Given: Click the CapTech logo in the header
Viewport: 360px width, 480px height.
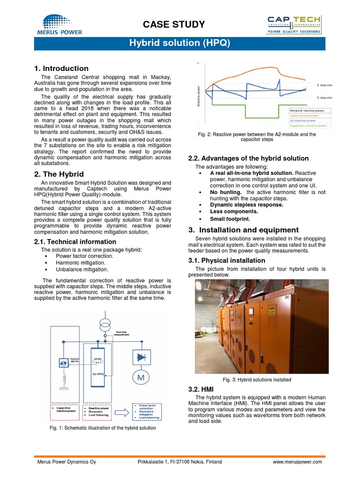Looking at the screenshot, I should click(294, 24).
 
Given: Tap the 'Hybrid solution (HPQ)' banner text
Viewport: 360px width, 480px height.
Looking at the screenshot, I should click(180, 44).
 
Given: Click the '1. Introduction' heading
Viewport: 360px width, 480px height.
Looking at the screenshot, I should click(61, 68).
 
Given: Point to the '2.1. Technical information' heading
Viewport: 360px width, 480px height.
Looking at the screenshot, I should click(75, 242).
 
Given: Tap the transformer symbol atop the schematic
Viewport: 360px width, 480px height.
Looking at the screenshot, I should click(105, 324).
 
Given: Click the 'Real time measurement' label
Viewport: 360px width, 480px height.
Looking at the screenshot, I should click(121, 333).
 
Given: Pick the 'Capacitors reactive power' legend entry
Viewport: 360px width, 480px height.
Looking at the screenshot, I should click(309, 126).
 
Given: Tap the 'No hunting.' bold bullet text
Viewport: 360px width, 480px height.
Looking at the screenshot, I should click(226, 192).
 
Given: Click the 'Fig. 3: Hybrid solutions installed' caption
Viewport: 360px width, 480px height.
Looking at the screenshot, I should click(258, 380).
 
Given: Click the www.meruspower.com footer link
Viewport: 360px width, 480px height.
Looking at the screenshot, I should click(297, 462).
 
